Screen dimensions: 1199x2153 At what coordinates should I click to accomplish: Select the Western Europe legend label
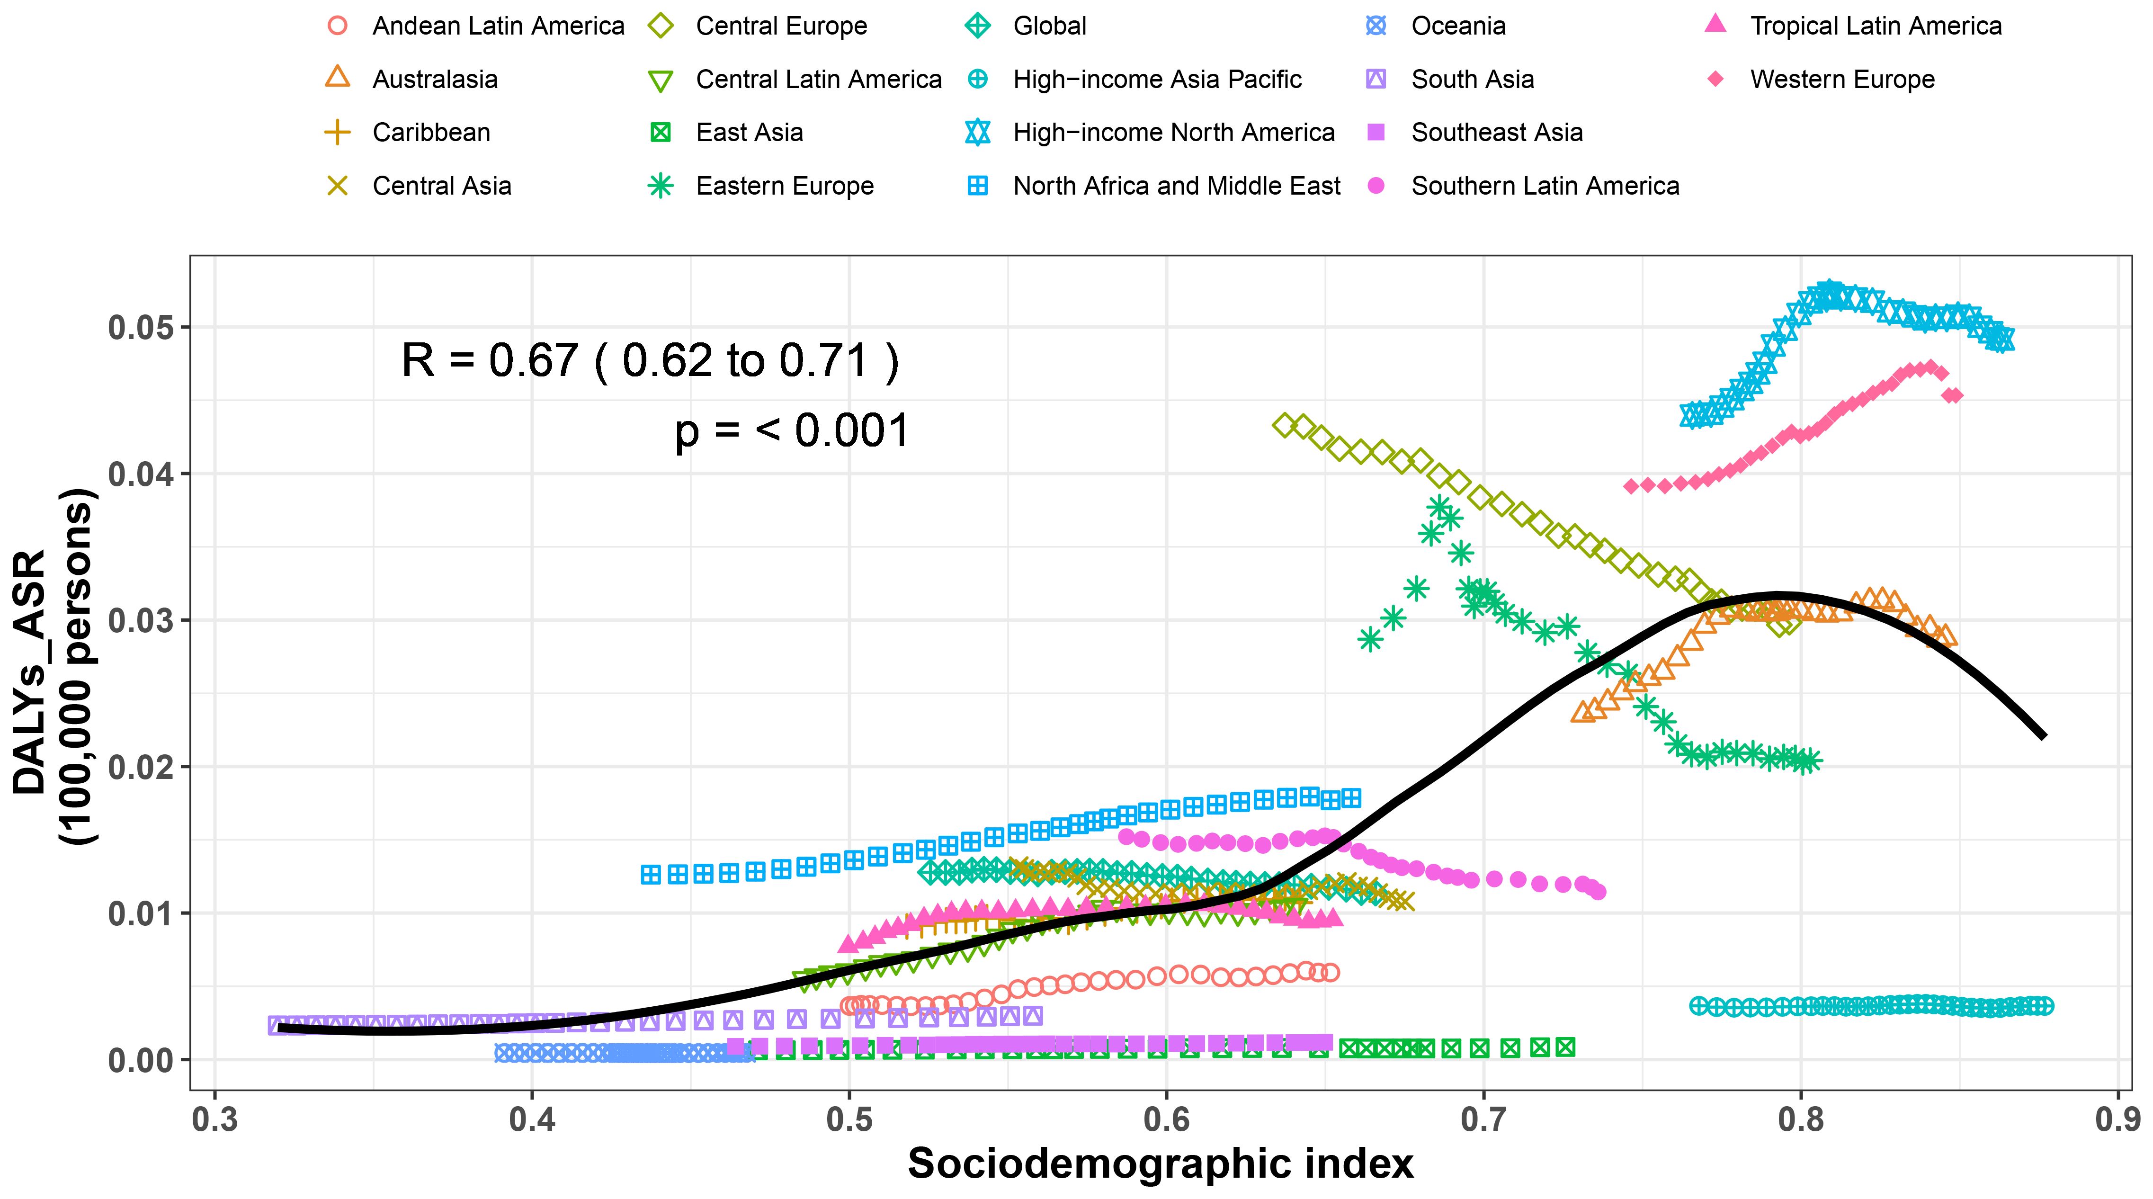(x=1842, y=80)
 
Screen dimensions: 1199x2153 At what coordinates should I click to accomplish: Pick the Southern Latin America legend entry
(x=1545, y=186)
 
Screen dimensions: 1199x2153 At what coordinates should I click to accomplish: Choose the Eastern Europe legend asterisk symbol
(x=661, y=186)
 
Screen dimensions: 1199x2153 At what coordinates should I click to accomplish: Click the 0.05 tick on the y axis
(x=142, y=327)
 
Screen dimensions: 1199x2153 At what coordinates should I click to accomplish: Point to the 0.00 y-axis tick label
(x=142, y=1060)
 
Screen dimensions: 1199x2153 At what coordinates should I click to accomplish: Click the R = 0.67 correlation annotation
(x=650, y=360)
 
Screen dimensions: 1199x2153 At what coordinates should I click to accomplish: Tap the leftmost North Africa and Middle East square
(x=650, y=875)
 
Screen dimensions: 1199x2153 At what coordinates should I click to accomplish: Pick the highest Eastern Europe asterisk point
(x=1439, y=506)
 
